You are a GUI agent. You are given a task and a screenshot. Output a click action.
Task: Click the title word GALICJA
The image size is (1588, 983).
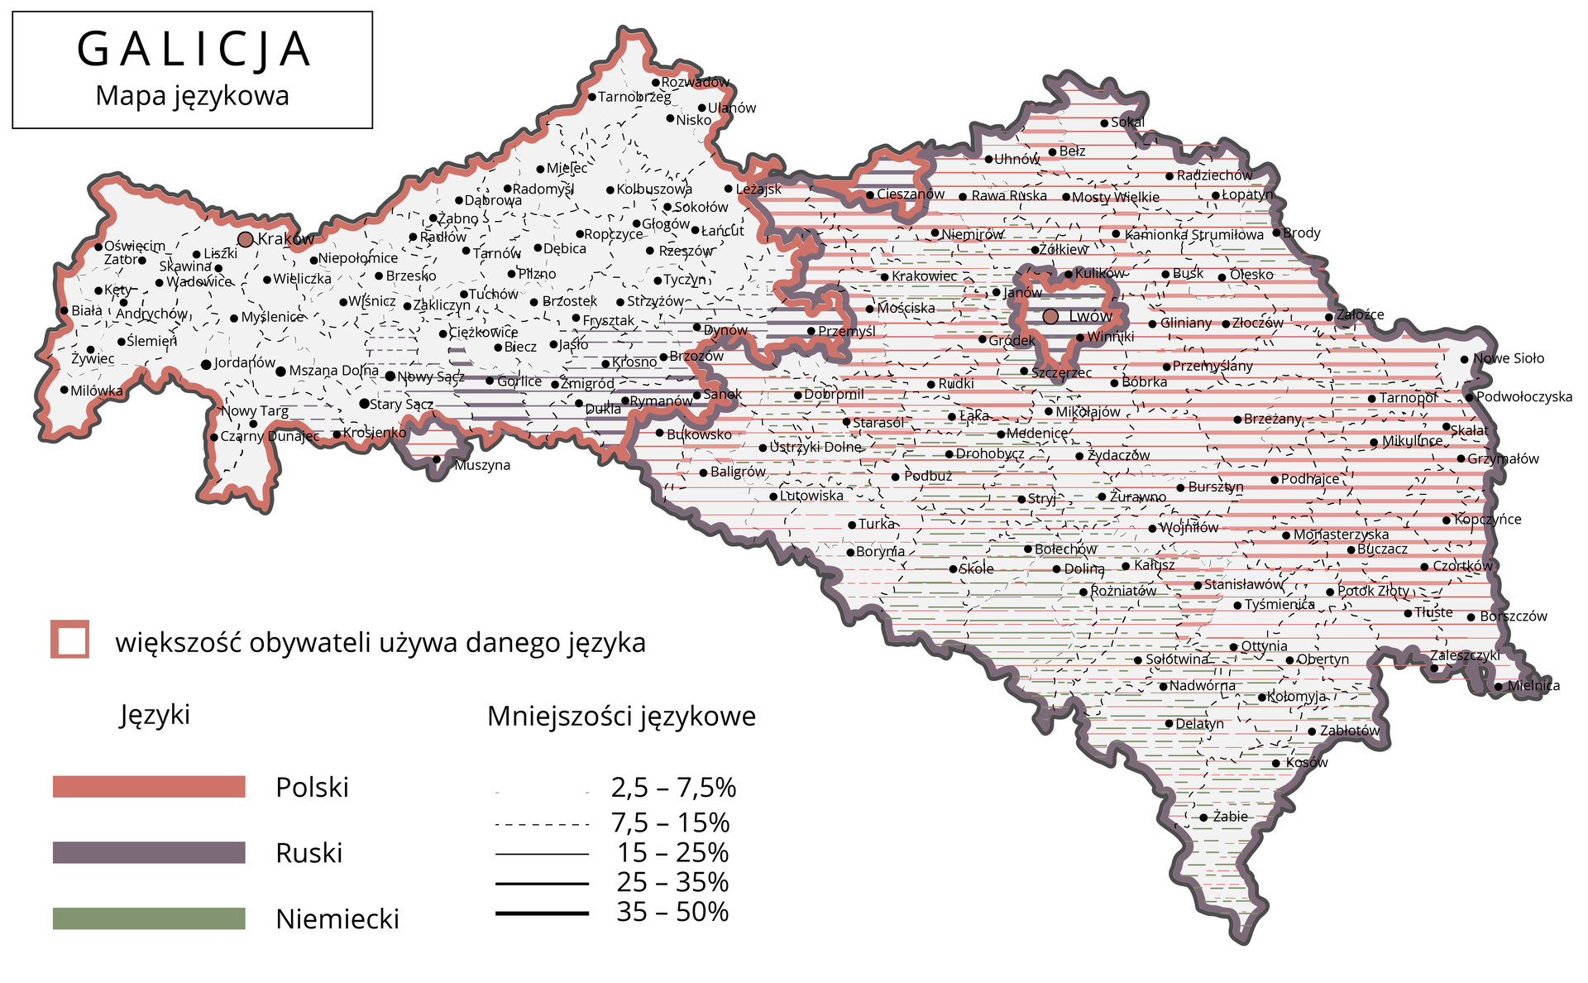(x=194, y=50)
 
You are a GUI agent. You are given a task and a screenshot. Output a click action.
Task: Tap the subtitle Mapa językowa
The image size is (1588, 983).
(x=192, y=96)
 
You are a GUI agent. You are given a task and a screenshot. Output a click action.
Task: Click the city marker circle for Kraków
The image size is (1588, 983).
(x=246, y=239)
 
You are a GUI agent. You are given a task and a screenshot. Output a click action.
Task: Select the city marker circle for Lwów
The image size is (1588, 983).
(x=1050, y=316)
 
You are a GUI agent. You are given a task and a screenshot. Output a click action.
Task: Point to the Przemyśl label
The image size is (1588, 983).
(x=846, y=331)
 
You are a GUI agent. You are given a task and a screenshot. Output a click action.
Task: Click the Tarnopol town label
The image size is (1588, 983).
(x=1408, y=398)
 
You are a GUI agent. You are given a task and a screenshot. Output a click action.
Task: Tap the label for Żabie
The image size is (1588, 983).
(x=1230, y=817)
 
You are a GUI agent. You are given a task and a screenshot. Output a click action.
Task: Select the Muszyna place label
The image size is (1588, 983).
(x=482, y=465)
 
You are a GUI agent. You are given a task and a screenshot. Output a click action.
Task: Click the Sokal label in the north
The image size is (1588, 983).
(x=1128, y=122)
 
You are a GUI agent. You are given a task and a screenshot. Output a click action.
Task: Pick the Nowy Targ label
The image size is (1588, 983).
(x=255, y=411)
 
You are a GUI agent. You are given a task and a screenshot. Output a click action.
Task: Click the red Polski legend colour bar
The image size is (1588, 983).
(x=149, y=787)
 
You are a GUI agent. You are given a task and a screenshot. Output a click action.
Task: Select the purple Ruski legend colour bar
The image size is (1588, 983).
(x=149, y=852)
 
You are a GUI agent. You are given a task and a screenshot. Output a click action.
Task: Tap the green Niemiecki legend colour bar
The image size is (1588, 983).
(x=149, y=918)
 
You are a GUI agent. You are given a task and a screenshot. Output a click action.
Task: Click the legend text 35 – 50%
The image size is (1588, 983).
(x=672, y=912)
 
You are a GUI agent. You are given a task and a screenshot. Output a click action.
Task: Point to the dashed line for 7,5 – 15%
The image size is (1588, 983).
(x=542, y=825)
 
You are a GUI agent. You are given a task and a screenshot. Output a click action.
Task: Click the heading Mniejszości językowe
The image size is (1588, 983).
(x=621, y=716)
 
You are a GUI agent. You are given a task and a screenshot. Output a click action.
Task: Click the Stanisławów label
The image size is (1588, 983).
(x=1242, y=584)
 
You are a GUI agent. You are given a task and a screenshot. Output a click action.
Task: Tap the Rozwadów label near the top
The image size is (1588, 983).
(x=696, y=82)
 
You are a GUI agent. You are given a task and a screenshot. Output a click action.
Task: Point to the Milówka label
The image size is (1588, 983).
(x=97, y=391)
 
